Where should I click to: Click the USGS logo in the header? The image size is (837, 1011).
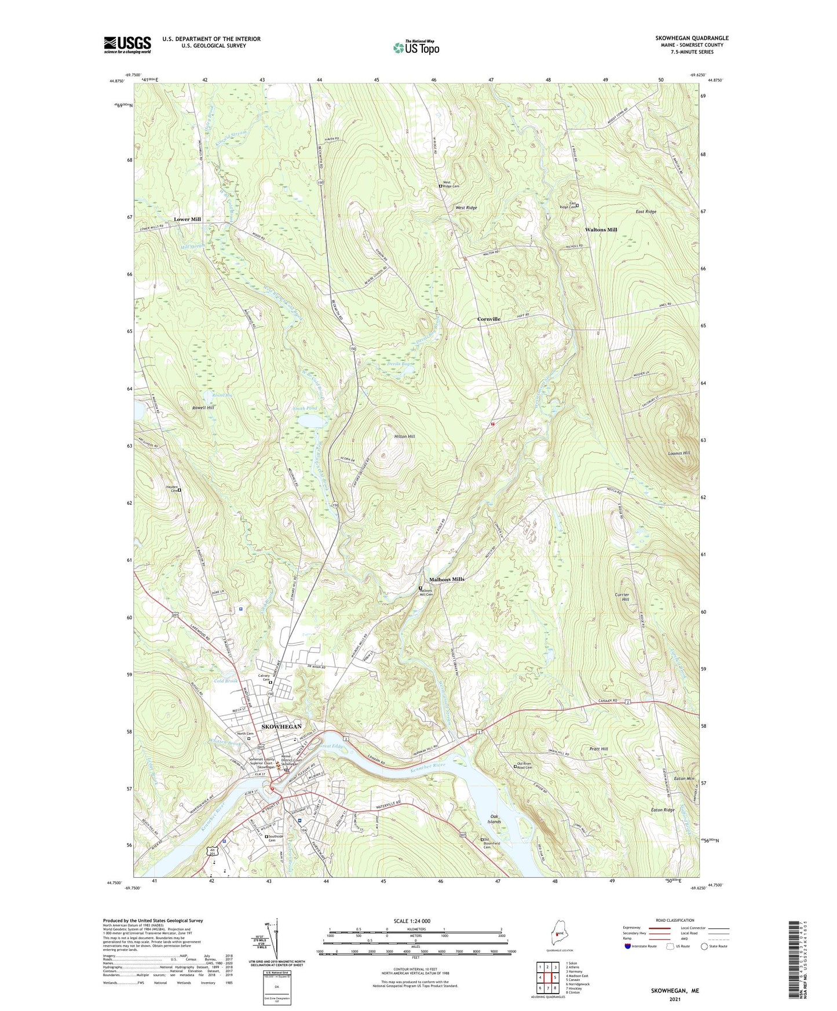127,44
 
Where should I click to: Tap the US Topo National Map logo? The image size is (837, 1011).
415,47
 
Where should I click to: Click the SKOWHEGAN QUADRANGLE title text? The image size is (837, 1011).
692,38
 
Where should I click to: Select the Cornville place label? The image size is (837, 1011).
488,319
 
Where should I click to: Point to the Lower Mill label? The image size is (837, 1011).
187,219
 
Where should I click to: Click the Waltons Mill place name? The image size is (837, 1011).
601,230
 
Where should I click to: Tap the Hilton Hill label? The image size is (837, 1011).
404,437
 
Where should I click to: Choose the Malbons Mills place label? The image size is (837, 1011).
447,579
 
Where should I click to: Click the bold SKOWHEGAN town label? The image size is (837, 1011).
282,726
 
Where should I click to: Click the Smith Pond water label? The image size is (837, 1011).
305,408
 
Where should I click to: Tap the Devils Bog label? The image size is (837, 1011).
399,364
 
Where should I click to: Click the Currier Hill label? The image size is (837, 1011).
622,597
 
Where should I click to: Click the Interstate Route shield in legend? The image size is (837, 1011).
628,946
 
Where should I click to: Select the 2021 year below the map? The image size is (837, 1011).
675,999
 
